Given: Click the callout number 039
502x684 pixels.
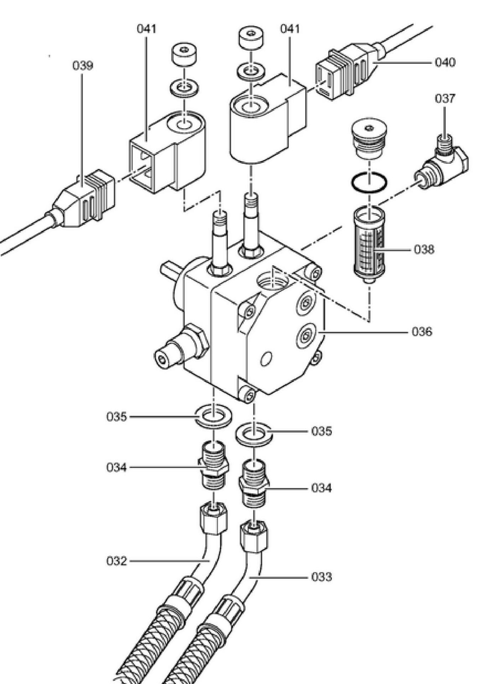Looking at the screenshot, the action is (83, 66).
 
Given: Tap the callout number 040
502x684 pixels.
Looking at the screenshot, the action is (445, 62).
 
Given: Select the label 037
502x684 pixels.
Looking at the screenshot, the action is (445, 98).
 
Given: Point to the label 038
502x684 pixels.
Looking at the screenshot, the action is (424, 250).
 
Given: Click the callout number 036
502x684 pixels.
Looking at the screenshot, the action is (422, 332).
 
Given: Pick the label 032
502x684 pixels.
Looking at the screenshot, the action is (116, 561).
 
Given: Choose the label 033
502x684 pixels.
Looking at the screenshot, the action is (321, 576).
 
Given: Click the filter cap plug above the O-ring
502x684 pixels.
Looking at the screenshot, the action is (369, 140).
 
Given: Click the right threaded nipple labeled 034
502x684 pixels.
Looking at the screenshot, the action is (254, 484).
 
